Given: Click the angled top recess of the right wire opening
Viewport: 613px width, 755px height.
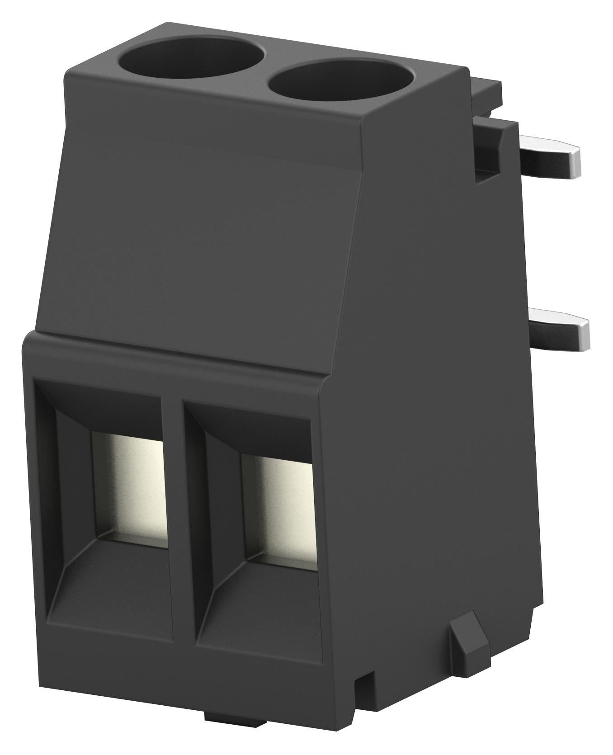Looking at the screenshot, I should coord(253,427).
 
